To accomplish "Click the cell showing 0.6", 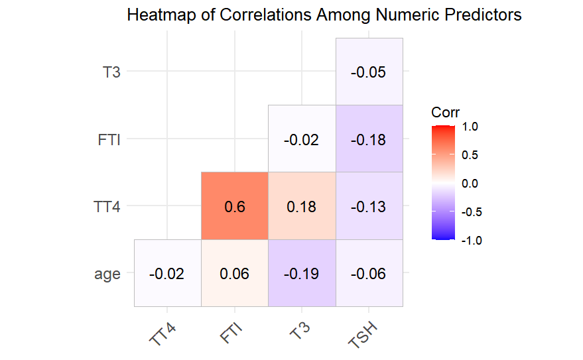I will tap(235, 206).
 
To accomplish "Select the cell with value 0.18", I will tap(302, 206).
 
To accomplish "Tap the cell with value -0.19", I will tap(302, 273).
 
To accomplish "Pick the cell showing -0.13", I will tap(369, 206).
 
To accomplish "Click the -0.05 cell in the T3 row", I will tap(369, 72).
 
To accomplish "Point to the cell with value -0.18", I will tap(369, 139).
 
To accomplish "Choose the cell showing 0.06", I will tap(235, 273).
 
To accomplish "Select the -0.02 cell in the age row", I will tap(168, 273).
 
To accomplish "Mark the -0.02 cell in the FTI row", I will tap(302, 139).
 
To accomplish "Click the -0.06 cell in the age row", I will tap(369, 273).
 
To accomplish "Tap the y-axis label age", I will tap(107, 273).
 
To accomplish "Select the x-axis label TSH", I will tap(363, 331).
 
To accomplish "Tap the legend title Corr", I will tap(445, 112).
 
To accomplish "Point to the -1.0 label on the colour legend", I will tap(470, 241).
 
